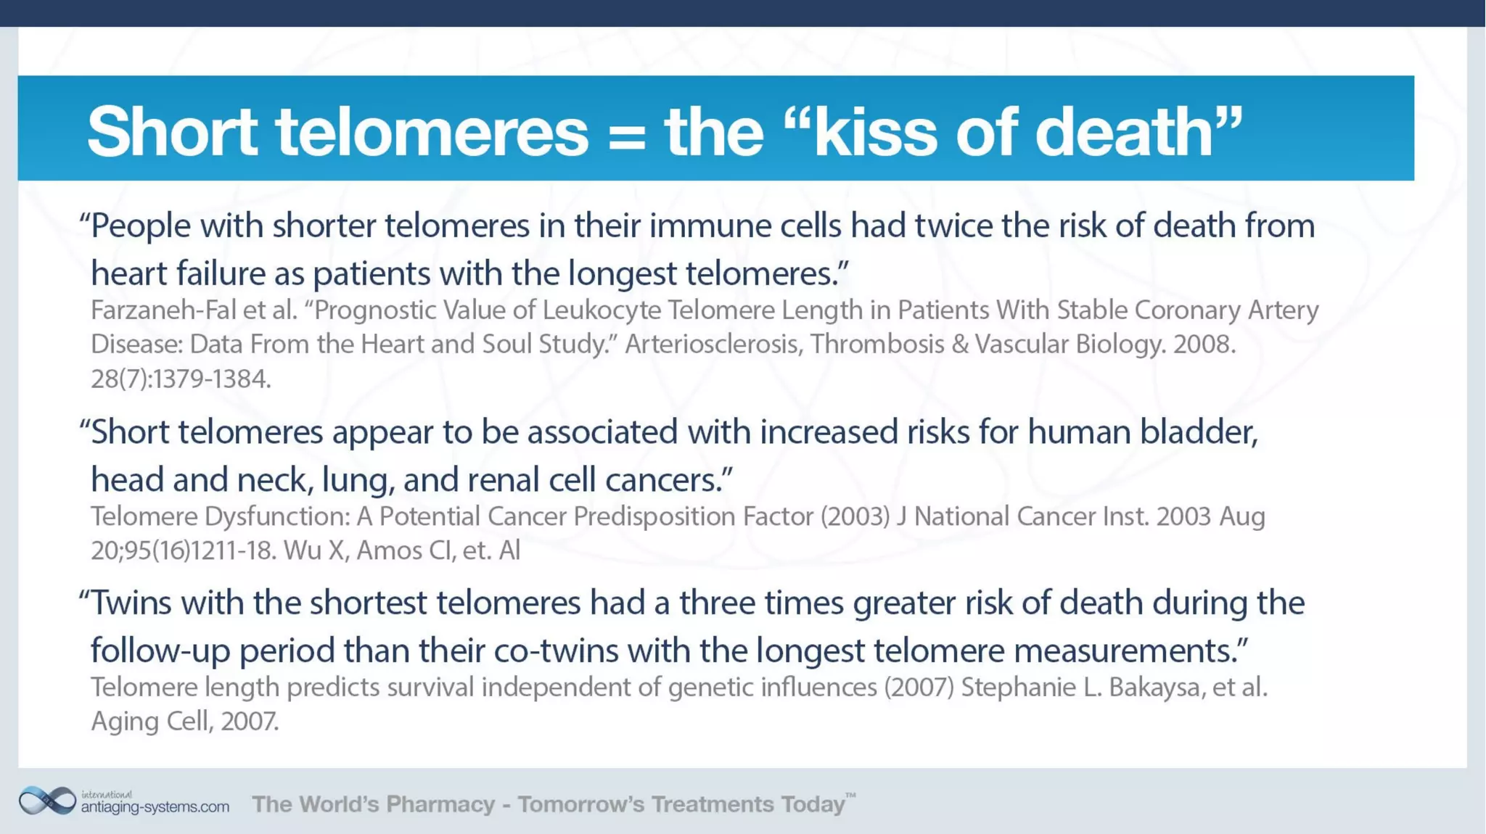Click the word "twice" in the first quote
[x=953, y=226]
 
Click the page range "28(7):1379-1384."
[x=181, y=379]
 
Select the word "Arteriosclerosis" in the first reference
[x=713, y=344]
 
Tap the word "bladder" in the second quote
[x=1198, y=432]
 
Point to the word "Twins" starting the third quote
[x=131, y=603]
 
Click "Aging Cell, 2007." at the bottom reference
[x=184, y=721]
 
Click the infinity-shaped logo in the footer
[x=47, y=801]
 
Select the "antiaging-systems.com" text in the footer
[x=155, y=806]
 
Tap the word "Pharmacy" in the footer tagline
[x=440, y=804]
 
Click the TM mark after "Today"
[x=851, y=796]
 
